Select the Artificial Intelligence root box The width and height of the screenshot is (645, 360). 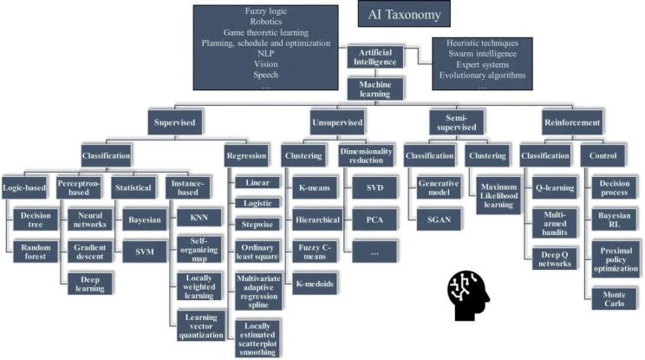[x=376, y=57]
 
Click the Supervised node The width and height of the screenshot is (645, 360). [x=175, y=122]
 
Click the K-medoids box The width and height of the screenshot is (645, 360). [x=314, y=283]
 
